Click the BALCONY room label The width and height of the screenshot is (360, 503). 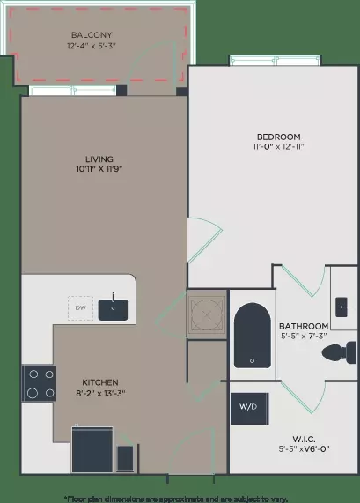92,34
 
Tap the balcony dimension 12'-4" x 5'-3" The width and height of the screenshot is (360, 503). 92,46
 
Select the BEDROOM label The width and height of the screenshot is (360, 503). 278,137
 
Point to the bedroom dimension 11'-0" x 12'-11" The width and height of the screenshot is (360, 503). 278,146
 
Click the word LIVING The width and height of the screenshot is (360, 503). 99,159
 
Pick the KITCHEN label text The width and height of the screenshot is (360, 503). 100,382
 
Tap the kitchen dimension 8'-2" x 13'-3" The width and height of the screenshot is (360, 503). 100,393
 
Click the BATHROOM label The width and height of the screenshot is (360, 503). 304,326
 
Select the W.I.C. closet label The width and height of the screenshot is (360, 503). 304,439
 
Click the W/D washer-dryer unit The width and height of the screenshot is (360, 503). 249,409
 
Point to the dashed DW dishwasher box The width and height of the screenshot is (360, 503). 80,308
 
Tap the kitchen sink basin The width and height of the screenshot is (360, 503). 113,309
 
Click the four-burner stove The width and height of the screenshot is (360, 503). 39,383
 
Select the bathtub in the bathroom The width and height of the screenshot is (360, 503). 253,336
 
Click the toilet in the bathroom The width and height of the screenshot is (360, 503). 339,352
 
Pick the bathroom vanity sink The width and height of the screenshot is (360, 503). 342,307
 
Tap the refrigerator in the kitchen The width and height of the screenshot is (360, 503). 92,449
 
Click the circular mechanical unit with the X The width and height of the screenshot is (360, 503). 207,314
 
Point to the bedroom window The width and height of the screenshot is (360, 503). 275,60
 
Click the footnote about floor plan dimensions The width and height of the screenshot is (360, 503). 176,499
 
